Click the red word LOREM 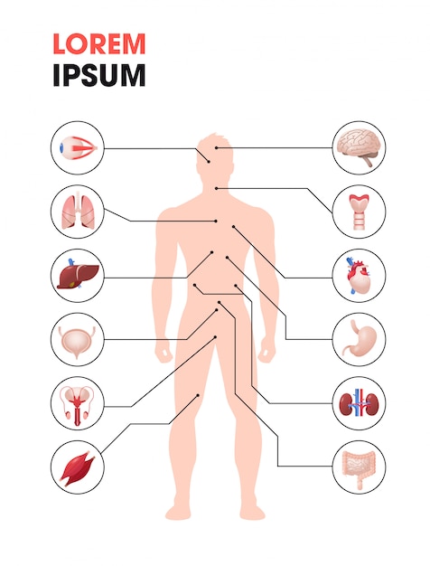pos(99,43)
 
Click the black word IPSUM pos(99,75)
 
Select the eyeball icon pos(78,147)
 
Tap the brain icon pos(358,147)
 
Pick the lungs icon pos(77,212)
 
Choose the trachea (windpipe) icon pos(359,212)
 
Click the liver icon pos(78,275)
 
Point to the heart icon pos(359,275)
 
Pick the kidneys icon pos(359,403)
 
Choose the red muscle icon pos(77,468)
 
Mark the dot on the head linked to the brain pos(216,147)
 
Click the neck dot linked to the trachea pos(216,188)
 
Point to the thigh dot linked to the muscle pos(198,396)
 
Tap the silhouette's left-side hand pos(164,352)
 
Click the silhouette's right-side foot pos(253,511)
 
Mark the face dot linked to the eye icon pos(209,162)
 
